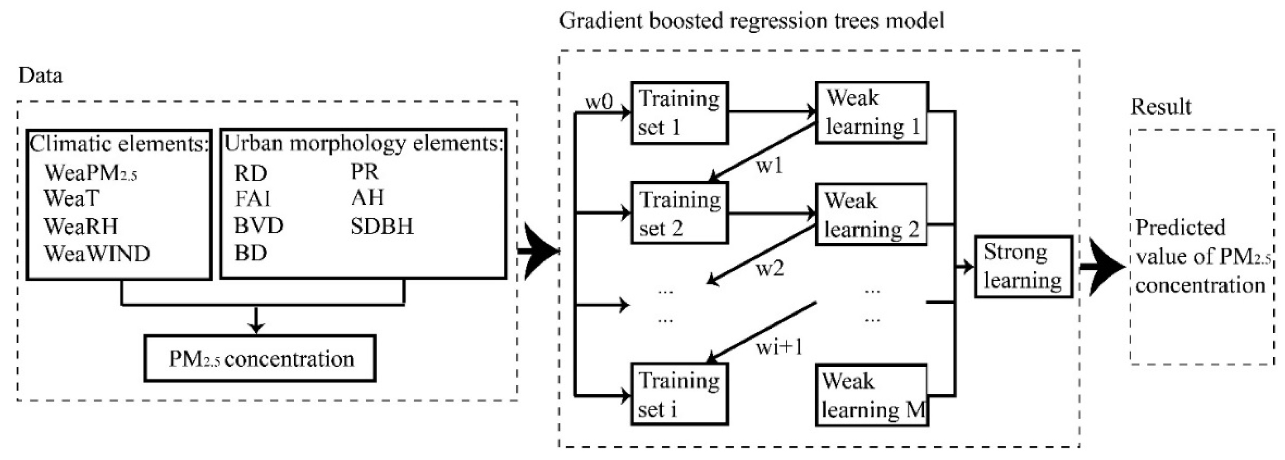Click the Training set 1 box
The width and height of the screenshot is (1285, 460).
[x=679, y=113]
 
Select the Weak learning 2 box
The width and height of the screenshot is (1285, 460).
[x=871, y=215]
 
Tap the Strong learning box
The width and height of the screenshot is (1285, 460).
[x=1023, y=267]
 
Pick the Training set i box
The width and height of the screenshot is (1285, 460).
[x=679, y=394]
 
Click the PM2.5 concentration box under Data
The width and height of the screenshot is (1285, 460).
[x=260, y=359]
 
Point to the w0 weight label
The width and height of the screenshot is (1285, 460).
[x=599, y=103]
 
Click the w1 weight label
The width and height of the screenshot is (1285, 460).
[x=769, y=166]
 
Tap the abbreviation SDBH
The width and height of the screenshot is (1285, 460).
[x=382, y=227]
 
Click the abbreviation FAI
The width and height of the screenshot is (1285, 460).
[x=253, y=199]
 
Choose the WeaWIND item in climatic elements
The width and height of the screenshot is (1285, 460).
[x=97, y=254]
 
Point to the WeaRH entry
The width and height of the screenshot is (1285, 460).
[x=81, y=226]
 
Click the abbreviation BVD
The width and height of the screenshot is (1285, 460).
[x=259, y=226]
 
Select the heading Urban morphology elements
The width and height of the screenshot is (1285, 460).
[x=364, y=143]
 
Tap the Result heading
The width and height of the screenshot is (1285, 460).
[x=1160, y=107]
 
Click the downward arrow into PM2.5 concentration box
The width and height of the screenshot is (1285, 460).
[x=256, y=321]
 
